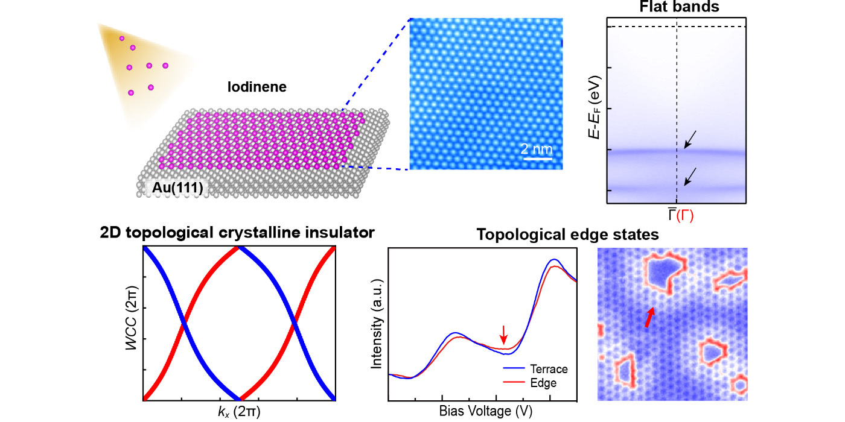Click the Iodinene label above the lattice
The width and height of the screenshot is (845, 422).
click(257, 87)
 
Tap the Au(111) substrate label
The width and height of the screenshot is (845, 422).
click(174, 189)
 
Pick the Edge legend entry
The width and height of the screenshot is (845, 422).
click(543, 382)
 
